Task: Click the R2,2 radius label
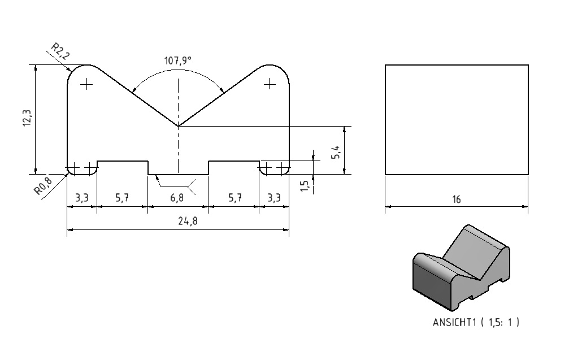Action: pos(60,51)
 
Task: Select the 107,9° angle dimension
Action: pos(178,60)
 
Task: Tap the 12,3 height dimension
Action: pos(28,118)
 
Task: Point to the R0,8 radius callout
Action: pos(43,185)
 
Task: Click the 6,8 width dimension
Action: pos(177,198)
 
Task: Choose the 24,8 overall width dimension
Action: pos(188,221)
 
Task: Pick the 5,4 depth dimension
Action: pos(336,152)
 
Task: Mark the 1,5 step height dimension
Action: pos(305,186)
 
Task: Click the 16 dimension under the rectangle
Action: pos(457,199)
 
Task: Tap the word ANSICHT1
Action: pos(454,322)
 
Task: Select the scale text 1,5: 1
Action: pos(500,322)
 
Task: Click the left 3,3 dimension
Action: pos(82,198)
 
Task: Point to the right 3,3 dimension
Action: pos(274,198)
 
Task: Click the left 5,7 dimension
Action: pos(122,198)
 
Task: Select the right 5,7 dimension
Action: pos(234,198)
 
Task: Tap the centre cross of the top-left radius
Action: pos(86,84)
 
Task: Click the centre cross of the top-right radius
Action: pos(270,84)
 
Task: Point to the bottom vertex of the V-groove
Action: pos(178,126)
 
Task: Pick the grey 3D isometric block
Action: pos(462,268)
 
